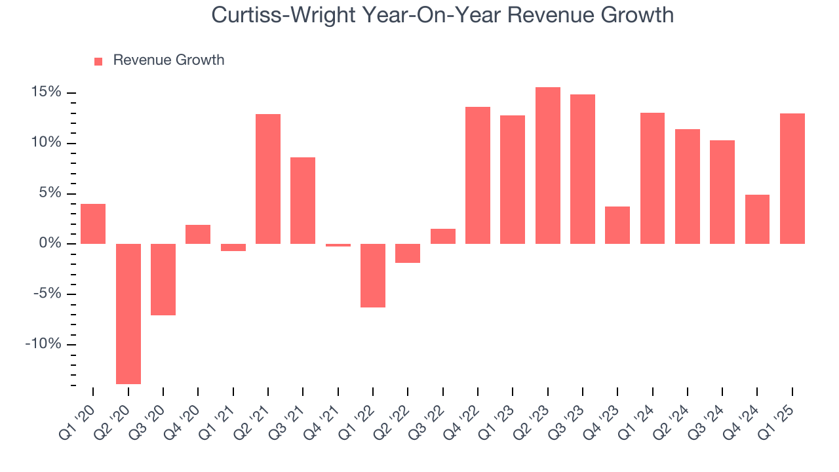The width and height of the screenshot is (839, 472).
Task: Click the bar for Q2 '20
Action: (128, 313)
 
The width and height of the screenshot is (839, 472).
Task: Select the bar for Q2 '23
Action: (548, 165)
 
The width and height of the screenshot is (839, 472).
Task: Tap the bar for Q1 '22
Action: (373, 275)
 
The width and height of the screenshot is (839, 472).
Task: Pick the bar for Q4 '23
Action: (617, 225)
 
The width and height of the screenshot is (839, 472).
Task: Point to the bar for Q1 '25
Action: (792, 178)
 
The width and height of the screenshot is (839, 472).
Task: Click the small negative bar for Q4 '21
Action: (338, 245)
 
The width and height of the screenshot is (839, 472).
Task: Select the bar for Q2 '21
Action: (268, 179)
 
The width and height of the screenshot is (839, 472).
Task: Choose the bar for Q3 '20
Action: (163, 279)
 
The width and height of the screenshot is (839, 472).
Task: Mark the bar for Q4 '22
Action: (478, 175)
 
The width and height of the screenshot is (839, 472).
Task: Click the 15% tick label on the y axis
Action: (46, 92)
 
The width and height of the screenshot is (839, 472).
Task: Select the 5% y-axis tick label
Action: (50, 193)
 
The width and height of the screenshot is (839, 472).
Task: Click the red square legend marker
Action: (98, 61)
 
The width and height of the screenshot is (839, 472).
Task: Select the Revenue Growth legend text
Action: (168, 60)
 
